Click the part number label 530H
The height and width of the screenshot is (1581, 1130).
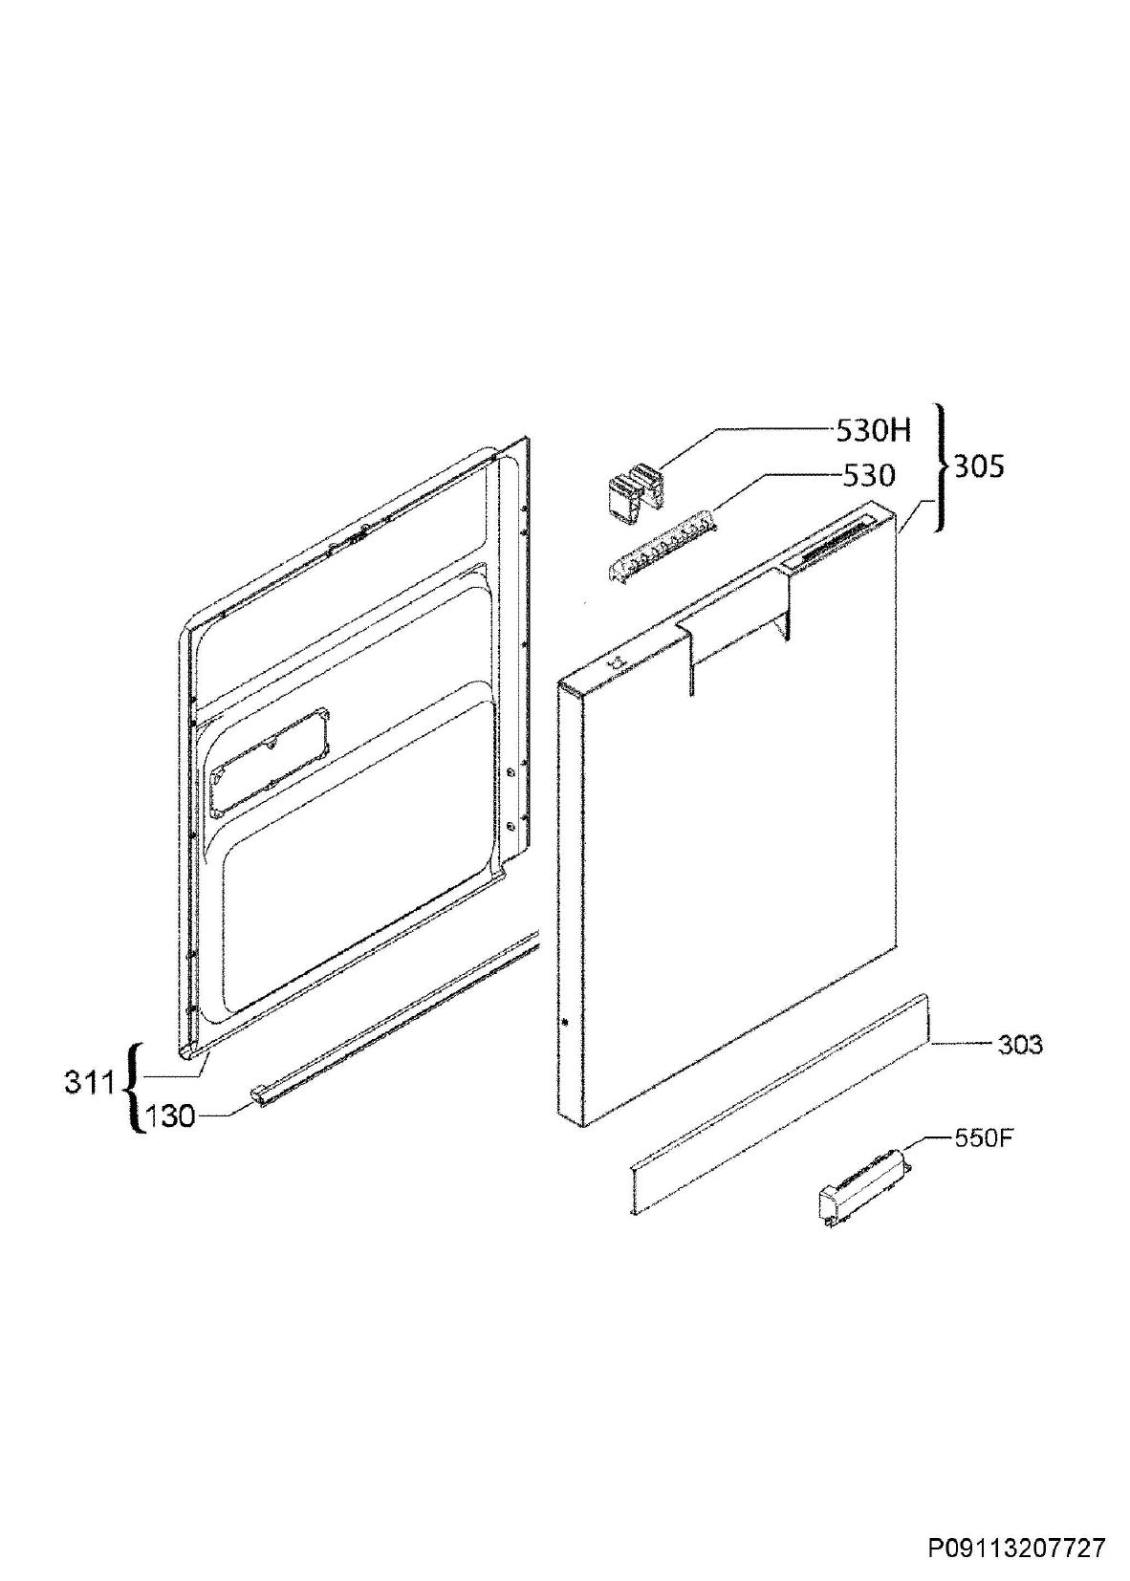click(x=874, y=430)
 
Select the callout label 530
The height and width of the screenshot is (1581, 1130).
click(x=867, y=476)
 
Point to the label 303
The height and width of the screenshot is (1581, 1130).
click(x=1020, y=1043)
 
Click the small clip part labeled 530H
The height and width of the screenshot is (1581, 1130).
click(x=635, y=486)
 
